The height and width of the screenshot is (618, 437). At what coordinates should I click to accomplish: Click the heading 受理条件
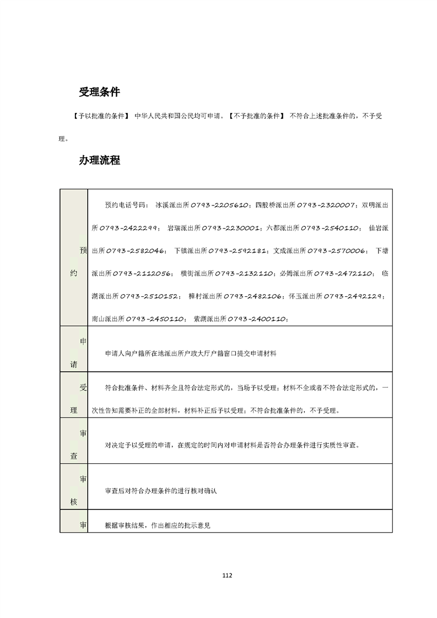coord(99,92)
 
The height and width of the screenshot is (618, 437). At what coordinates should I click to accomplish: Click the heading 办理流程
coord(99,161)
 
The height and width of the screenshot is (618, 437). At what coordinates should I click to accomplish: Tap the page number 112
coord(227,576)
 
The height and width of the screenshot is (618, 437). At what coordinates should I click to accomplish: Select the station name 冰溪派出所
coord(173,205)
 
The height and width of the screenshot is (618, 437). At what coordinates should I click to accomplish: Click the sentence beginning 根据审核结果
coord(158,525)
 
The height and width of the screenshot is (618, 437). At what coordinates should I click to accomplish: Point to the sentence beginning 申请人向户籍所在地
coord(190,354)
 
